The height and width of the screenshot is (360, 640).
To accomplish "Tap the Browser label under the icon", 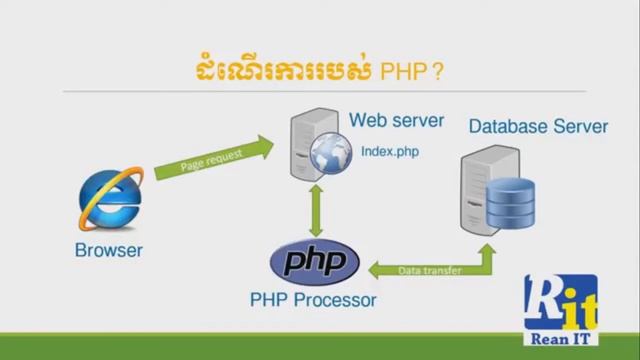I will pyautogui.click(x=108, y=250).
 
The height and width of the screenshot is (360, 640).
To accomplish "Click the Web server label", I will pyautogui.click(x=396, y=121).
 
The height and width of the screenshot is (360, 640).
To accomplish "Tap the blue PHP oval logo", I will pyautogui.click(x=316, y=263).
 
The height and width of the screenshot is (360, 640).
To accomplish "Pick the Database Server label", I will pyautogui.click(x=537, y=127).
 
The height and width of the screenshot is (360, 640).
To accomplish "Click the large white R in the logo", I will pyautogui.click(x=544, y=301).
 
